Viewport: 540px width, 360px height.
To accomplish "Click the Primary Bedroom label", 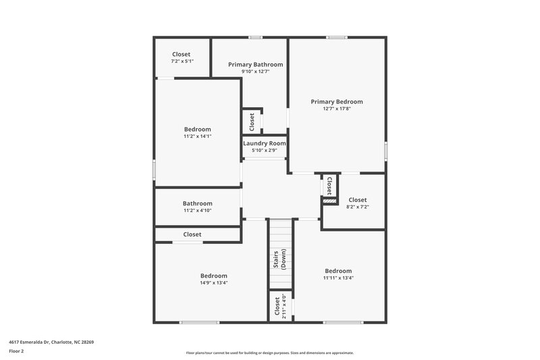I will coord(336,102).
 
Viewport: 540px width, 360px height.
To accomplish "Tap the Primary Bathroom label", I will coord(255,65).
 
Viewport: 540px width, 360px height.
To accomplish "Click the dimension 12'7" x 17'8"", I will coord(336,109).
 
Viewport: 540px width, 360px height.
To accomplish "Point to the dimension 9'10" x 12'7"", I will coord(255,72).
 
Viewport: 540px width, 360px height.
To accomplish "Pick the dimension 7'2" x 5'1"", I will coord(182,61).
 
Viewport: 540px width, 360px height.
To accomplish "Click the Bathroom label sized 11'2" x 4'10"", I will coord(197,203).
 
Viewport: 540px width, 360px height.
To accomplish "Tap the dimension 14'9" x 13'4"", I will coord(213,283).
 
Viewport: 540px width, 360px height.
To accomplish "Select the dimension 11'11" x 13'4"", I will coord(337,278).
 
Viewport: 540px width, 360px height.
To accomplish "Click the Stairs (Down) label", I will coord(280,258).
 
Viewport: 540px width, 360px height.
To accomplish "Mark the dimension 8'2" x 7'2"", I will coord(357,207).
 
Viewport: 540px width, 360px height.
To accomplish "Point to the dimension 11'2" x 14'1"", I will coord(197,136).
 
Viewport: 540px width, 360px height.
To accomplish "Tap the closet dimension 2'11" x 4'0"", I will coord(284,306).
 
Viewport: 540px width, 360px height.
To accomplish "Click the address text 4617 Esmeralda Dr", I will coord(51,342).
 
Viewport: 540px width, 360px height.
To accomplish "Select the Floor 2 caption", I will coord(17,352).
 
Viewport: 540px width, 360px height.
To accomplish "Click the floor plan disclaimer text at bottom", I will coord(269,353).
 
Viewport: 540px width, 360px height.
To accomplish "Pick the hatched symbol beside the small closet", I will coord(329,201).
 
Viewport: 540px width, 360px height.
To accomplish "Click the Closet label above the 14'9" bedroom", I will coord(192,234).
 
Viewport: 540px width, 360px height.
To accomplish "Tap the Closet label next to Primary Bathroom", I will coord(252,122).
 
